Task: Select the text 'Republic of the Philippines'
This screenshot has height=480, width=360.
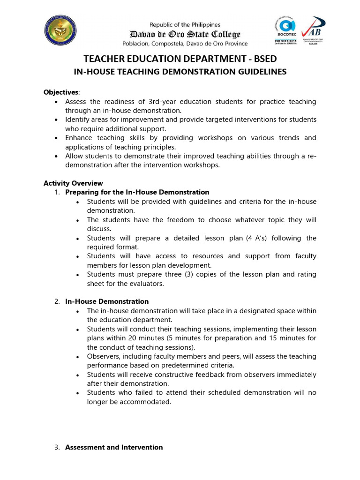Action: pyautogui.click(x=185, y=24)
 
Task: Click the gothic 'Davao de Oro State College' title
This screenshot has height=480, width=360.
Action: pyautogui.click(x=185, y=34)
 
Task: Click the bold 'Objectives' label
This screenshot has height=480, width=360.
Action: pyautogui.click(x=61, y=92)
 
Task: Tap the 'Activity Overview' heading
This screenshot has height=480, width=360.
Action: pyautogui.click(x=73, y=183)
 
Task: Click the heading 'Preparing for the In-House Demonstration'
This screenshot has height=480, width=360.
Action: pyautogui.click(x=137, y=192)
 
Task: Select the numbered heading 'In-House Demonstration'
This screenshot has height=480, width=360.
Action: pyautogui.click(x=107, y=301)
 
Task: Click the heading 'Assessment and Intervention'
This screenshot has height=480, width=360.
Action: pyautogui.click(x=114, y=447)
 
